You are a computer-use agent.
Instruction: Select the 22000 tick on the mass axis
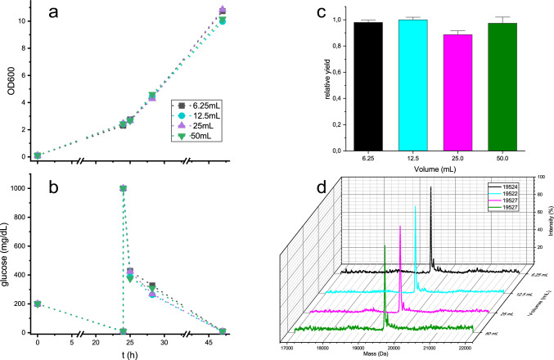[465, 346]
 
